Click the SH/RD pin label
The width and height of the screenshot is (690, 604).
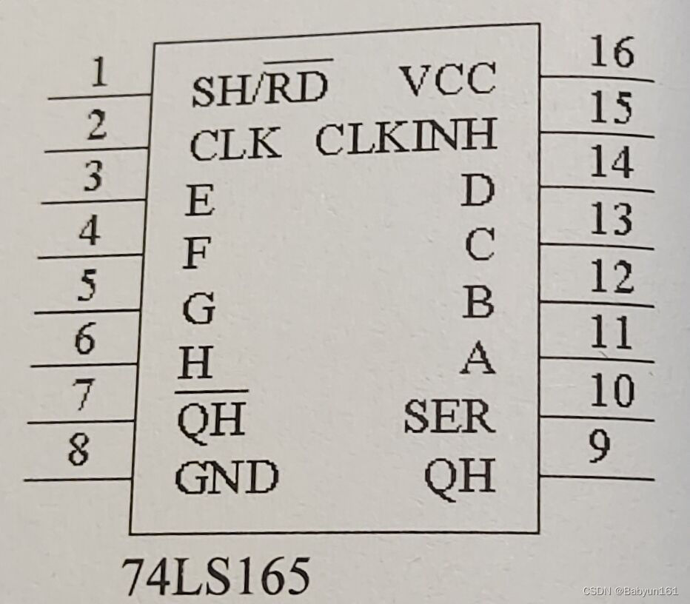pyautogui.click(x=259, y=88)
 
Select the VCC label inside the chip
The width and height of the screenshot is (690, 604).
pyautogui.click(x=447, y=80)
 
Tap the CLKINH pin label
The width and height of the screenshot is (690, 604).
pyautogui.click(x=406, y=138)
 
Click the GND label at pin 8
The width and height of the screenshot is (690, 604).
pyautogui.click(x=227, y=477)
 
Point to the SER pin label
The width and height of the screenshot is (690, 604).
pyautogui.click(x=449, y=418)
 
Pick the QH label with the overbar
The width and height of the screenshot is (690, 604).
pyautogui.click(x=211, y=420)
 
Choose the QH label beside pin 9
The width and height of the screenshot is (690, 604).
pyautogui.click(x=459, y=477)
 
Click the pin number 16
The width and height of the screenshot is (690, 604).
pyautogui.click(x=612, y=53)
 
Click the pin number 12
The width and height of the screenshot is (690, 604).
pyautogui.click(x=612, y=278)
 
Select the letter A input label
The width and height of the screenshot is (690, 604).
pyautogui.click(x=478, y=360)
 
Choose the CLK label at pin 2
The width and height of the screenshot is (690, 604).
pyautogui.click(x=235, y=144)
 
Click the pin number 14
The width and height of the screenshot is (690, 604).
pyautogui.click(x=612, y=164)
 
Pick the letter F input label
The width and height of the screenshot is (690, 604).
pyautogui.click(x=196, y=255)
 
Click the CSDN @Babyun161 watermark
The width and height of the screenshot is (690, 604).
pyautogui.click(x=630, y=591)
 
